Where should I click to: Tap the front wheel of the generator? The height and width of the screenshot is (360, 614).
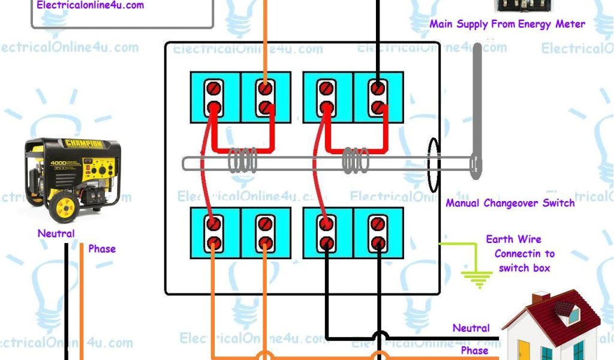click(x=63, y=207)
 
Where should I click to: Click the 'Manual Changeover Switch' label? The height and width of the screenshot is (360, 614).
click(x=510, y=203)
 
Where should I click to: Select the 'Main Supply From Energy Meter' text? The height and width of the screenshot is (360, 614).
click(x=507, y=24)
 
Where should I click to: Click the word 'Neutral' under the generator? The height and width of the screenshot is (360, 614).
click(x=56, y=233)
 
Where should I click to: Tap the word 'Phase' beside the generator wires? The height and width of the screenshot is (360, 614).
click(x=101, y=248)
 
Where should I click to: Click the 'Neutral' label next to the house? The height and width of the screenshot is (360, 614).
click(x=471, y=328)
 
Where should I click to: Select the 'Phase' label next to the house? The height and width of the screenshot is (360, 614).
click(x=474, y=350)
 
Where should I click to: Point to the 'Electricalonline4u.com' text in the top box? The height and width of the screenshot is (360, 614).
click(x=90, y=5)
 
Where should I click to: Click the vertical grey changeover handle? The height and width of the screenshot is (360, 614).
click(x=477, y=111)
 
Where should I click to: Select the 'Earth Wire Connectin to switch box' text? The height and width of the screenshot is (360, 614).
click(x=521, y=254)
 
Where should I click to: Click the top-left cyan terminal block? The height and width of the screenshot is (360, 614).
click(x=215, y=97)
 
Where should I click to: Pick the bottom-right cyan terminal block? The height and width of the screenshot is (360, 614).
click(x=378, y=233)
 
